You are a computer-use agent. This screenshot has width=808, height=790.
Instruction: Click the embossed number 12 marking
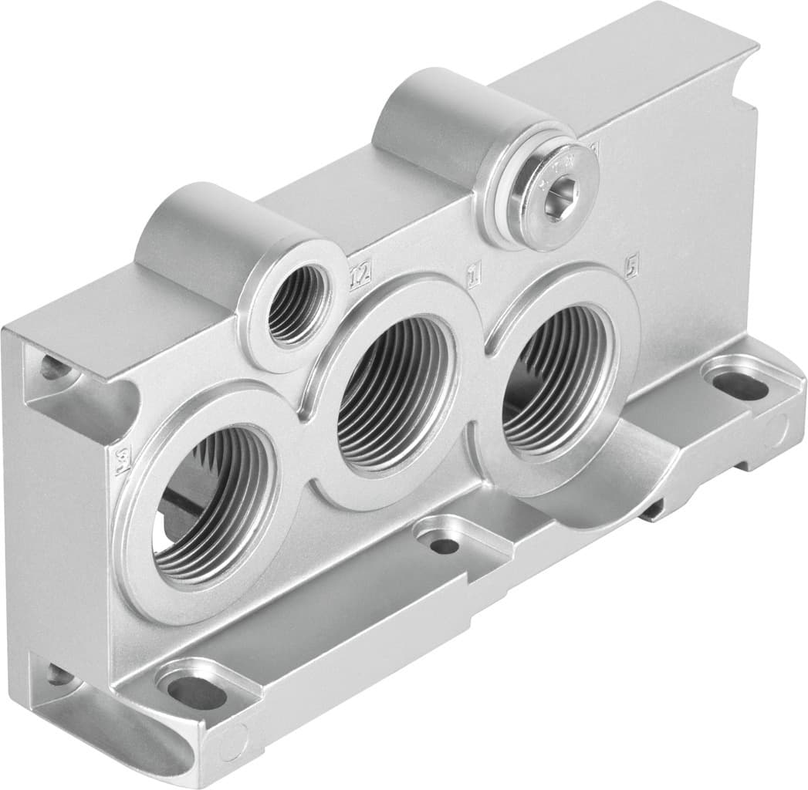point(360,273)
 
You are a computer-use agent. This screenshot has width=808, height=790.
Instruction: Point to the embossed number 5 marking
point(631,266)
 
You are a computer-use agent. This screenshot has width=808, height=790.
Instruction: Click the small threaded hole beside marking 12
point(293,306)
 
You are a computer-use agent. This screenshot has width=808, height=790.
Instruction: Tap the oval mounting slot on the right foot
point(739,384)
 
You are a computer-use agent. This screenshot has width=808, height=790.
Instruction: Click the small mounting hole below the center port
point(445,545)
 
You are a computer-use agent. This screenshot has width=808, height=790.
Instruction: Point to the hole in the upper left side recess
point(56,368)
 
